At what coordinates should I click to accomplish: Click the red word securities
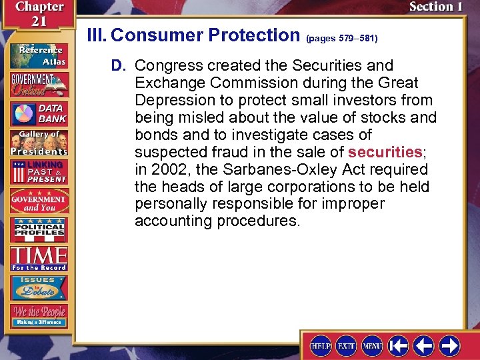coord(385,152)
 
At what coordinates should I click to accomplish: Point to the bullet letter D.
coord(118,65)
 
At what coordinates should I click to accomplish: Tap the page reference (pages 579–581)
coord(341,39)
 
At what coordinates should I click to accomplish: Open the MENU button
coord(372,345)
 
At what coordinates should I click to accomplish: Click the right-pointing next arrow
coord(449,345)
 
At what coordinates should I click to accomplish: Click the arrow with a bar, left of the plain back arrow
coord(398,345)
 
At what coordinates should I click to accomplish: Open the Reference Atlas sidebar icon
coord(38,55)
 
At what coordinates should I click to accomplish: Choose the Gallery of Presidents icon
coord(38,141)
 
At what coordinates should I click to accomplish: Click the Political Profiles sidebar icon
coord(38,229)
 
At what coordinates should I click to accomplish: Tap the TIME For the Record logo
coord(38,258)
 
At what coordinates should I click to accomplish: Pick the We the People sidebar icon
coord(38,315)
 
